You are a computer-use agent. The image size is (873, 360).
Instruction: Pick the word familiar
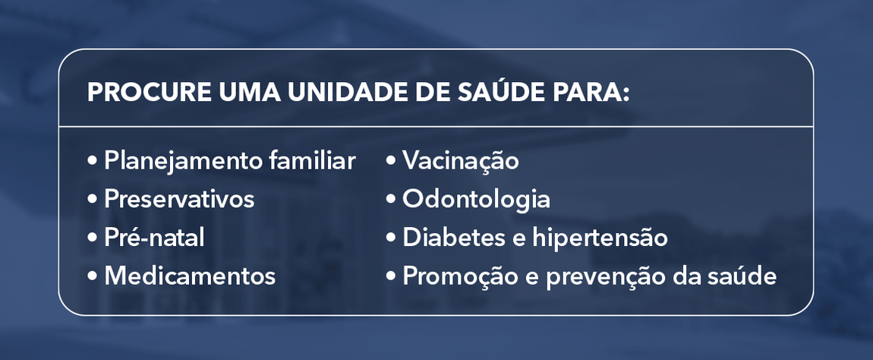313,161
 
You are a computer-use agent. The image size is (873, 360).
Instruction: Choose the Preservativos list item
179,200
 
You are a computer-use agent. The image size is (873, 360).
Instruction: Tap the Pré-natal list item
155,238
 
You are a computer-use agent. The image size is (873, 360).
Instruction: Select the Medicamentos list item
190,276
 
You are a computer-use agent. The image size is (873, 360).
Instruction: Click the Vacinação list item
461,161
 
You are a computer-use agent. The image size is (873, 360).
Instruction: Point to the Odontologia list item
477,200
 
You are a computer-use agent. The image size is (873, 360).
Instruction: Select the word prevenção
592,276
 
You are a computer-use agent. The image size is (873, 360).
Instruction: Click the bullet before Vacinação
391,162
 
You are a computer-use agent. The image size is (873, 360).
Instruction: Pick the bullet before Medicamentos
93,276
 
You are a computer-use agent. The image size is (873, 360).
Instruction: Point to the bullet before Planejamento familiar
93,162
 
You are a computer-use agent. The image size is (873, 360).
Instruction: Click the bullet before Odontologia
391,201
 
